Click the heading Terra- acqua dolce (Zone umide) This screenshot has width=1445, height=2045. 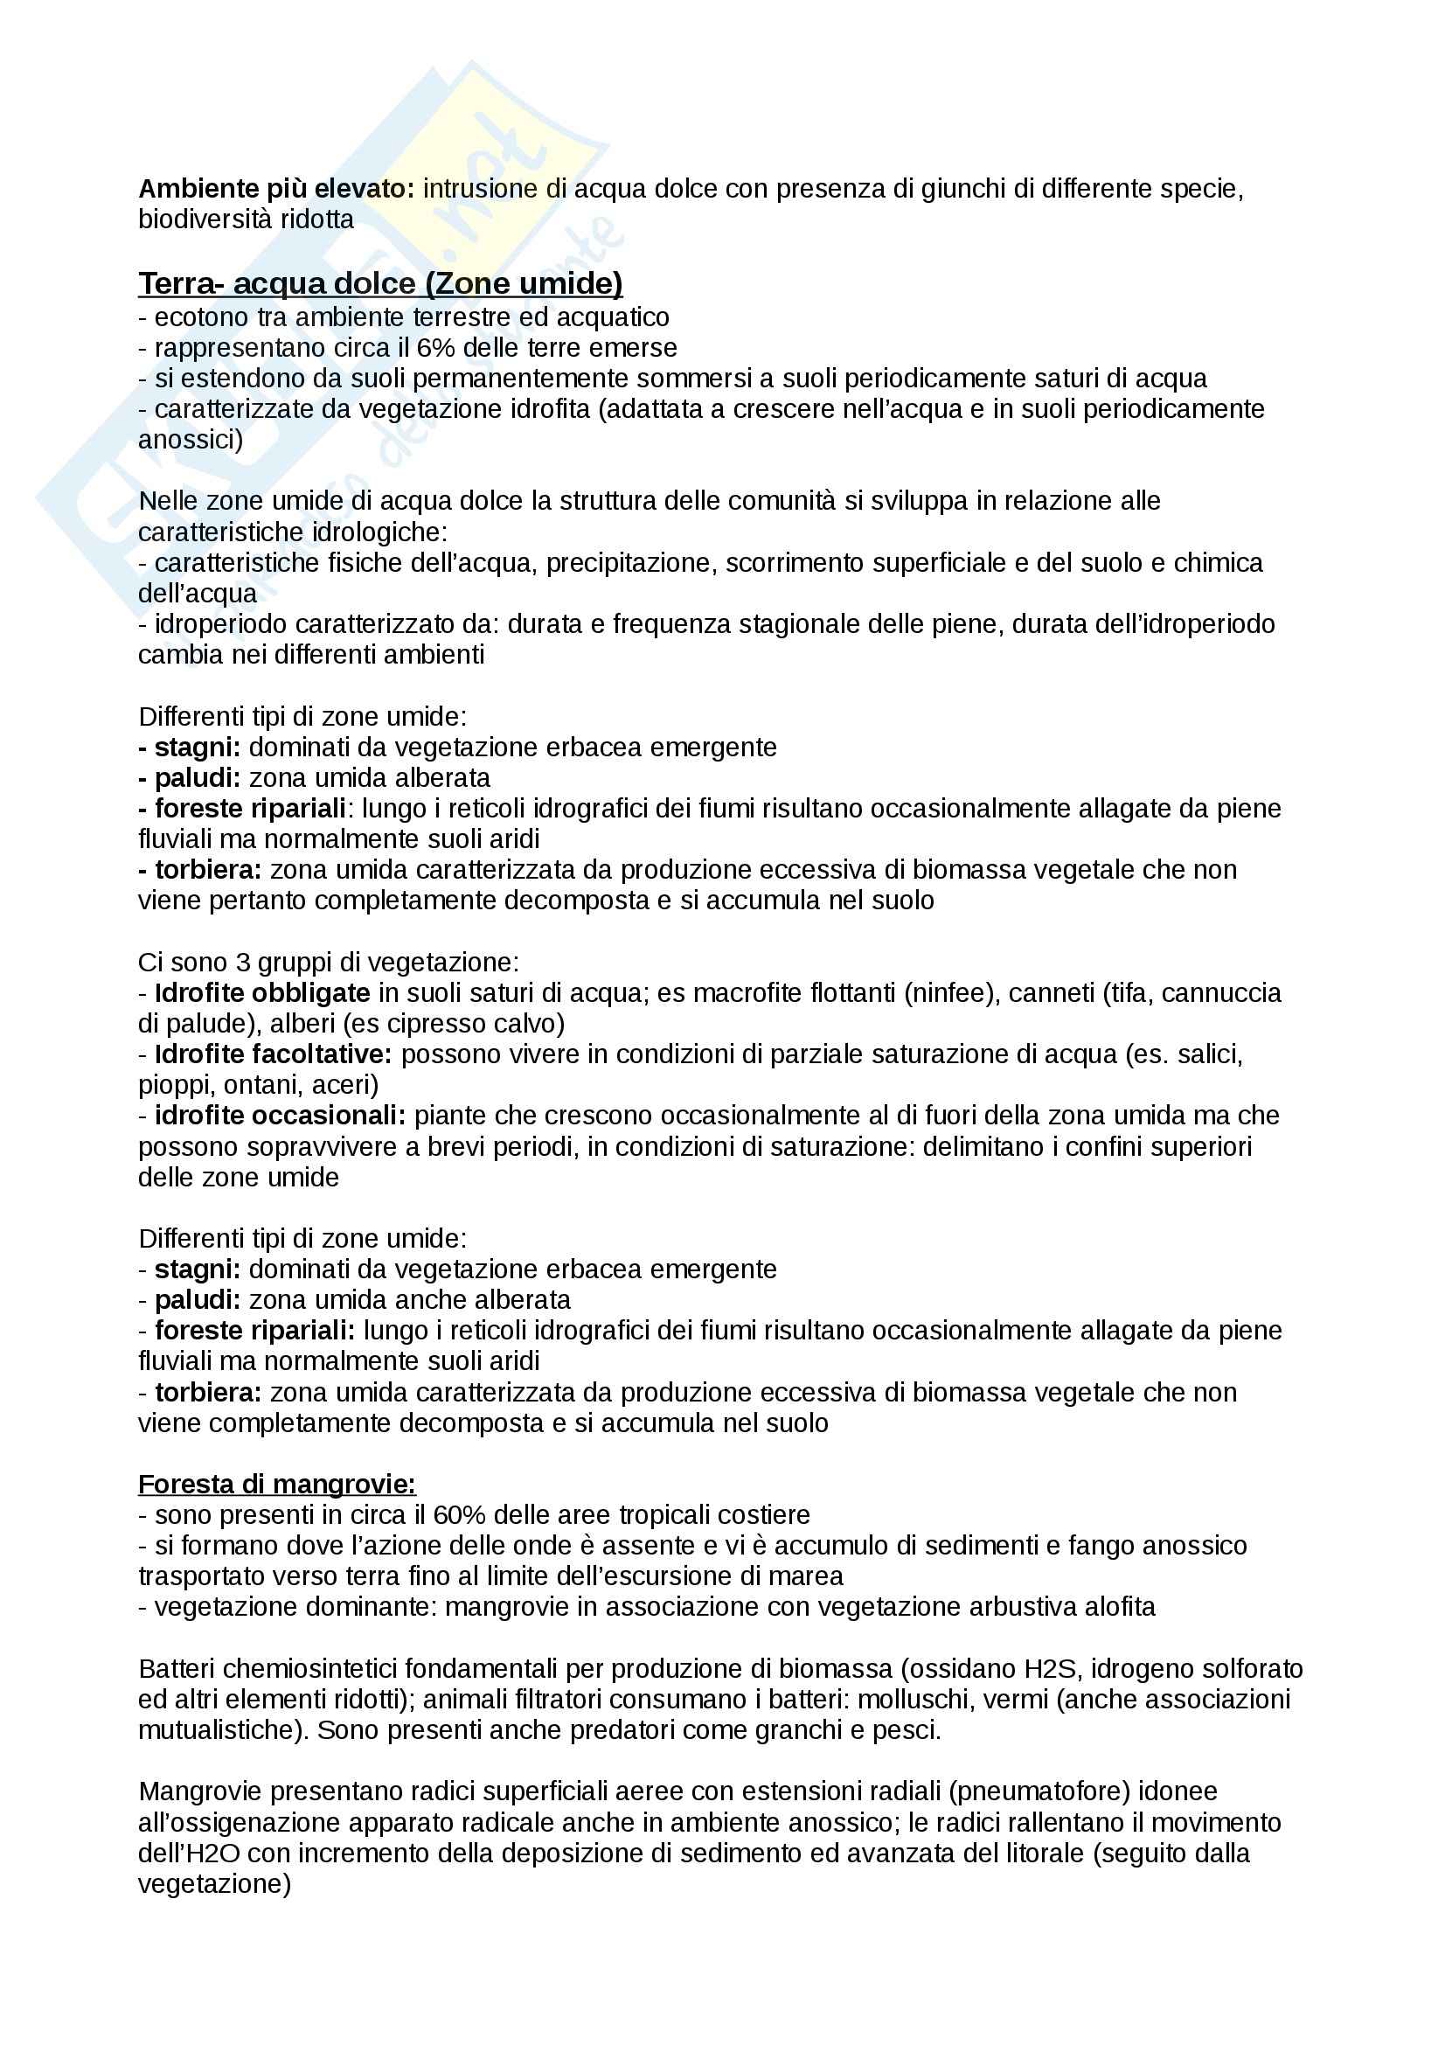click(x=380, y=283)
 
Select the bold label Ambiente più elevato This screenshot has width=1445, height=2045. click(x=276, y=189)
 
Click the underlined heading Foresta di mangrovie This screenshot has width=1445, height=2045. click(x=277, y=1484)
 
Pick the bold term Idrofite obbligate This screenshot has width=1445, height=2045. click(x=261, y=992)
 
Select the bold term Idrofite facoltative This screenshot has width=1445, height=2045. click(x=273, y=1054)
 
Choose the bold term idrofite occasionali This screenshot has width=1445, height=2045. click(x=280, y=1115)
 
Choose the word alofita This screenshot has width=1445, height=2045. click(x=1120, y=1607)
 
